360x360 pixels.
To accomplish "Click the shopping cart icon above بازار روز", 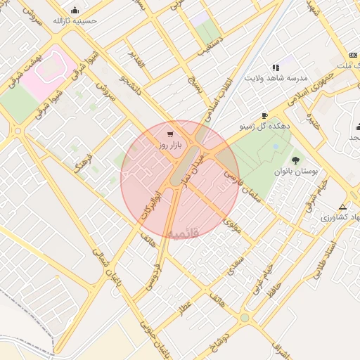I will [x=171, y=133].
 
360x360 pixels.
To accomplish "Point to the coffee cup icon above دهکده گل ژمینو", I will [x=264, y=115].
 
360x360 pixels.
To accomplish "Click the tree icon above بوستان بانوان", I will [x=295, y=160].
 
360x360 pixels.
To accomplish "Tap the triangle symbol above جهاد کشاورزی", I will [x=342, y=207].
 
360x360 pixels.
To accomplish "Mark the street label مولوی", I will [x=232, y=226].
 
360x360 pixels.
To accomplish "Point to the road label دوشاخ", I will [x=227, y=336].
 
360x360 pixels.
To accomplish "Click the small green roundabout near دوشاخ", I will [x=244, y=318].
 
